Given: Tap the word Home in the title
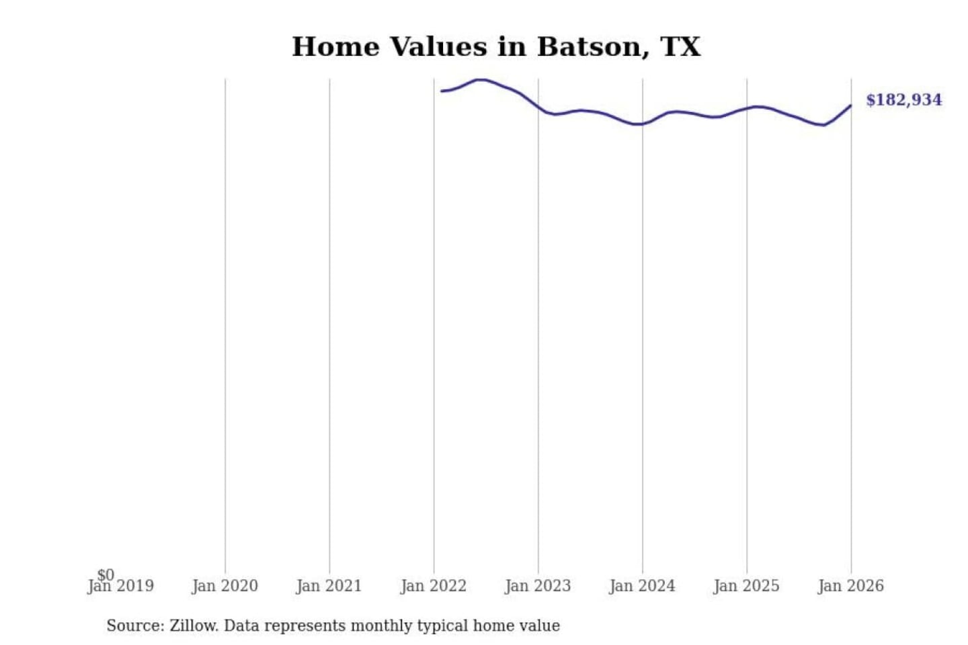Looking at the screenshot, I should pos(335,47).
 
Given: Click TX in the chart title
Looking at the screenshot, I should pos(680,47).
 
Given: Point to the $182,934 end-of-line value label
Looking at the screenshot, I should pos(903,100).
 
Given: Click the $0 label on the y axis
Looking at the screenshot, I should pos(106,574).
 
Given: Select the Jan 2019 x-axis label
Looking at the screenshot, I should pos(121,587).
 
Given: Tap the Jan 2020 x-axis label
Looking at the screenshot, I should pos(225,587).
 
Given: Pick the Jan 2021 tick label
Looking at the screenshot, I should pos(329,587).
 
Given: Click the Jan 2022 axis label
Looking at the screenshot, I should pos(433,587).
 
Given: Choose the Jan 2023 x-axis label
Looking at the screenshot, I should pos(537,587).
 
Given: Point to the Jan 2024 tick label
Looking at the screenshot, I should pos(642,587).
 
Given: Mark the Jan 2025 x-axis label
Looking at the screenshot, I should pos(746,587).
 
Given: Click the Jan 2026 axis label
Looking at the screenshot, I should pos(850,587).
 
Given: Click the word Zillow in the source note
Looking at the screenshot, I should pos(194,626).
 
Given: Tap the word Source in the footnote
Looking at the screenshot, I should pos(134,626).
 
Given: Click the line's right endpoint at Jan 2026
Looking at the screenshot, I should pos(850,105).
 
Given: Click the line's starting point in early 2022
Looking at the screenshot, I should pos(442,91).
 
